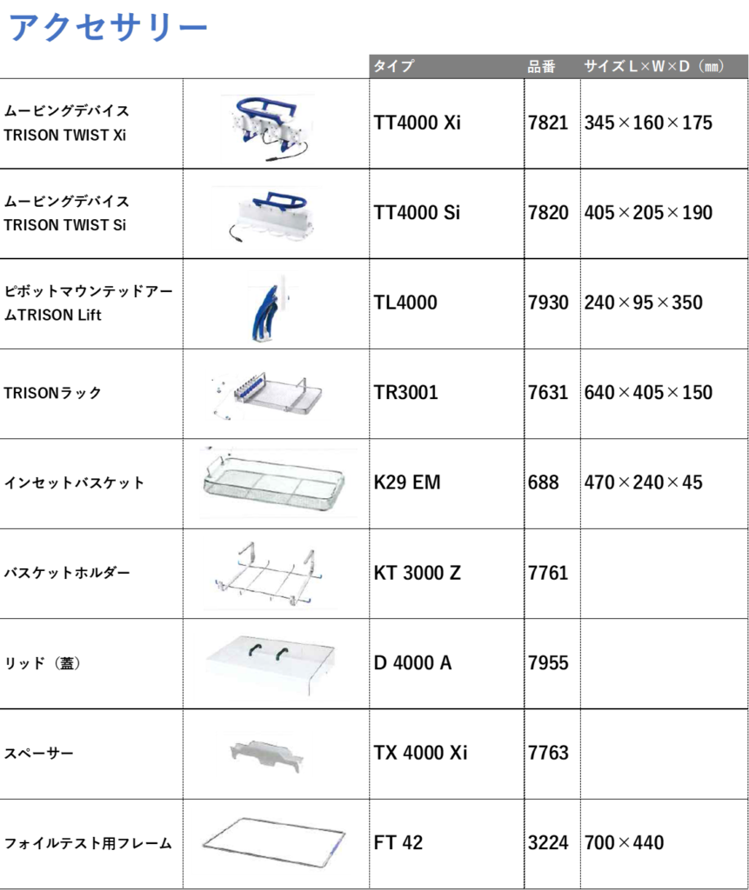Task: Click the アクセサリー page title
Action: [109, 27]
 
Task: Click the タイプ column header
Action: [393, 66]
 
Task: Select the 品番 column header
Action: [541, 67]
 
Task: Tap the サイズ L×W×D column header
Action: [654, 66]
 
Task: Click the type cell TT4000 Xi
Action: [417, 123]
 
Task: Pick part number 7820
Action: [548, 213]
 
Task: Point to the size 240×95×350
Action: [643, 302]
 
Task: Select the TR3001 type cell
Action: [405, 393]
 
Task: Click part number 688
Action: [544, 482]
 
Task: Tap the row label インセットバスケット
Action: [74, 483]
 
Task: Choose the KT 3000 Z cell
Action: [417, 573]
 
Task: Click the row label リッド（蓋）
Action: [42, 663]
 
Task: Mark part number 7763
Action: [548, 753]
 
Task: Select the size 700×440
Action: [624, 843]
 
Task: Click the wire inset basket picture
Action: [274, 482]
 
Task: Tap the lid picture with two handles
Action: [271, 664]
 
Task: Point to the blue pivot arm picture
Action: [267, 309]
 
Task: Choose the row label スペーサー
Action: [38, 754]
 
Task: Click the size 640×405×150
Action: [648, 393]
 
